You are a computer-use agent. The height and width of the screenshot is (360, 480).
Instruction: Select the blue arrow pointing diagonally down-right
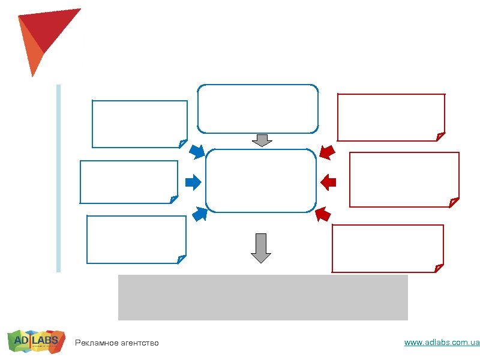(197, 151)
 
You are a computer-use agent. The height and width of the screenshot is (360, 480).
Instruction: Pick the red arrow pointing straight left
(329, 181)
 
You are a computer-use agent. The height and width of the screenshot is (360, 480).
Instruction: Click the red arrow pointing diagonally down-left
(327, 152)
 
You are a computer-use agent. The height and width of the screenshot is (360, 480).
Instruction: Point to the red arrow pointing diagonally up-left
(323, 213)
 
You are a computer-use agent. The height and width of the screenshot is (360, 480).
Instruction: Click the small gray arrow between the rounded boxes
(262, 140)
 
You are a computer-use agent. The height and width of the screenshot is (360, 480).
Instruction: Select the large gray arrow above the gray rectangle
(261, 248)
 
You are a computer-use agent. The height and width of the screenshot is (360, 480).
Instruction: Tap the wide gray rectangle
(263, 297)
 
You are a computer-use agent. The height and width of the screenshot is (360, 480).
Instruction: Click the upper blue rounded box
(257, 109)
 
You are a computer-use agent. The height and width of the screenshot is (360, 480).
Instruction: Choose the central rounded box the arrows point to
(260, 181)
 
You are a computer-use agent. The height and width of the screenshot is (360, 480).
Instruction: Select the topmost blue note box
(139, 124)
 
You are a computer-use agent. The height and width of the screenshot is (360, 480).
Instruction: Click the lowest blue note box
(136, 239)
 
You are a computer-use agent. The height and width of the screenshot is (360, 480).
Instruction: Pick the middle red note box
(404, 179)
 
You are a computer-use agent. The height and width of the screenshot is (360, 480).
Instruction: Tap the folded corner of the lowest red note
(439, 268)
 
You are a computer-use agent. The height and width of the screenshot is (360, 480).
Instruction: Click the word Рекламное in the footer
(94, 343)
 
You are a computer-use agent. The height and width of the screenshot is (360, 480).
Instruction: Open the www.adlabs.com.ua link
(442, 343)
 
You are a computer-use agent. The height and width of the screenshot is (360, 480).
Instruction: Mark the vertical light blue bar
(59, 178)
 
